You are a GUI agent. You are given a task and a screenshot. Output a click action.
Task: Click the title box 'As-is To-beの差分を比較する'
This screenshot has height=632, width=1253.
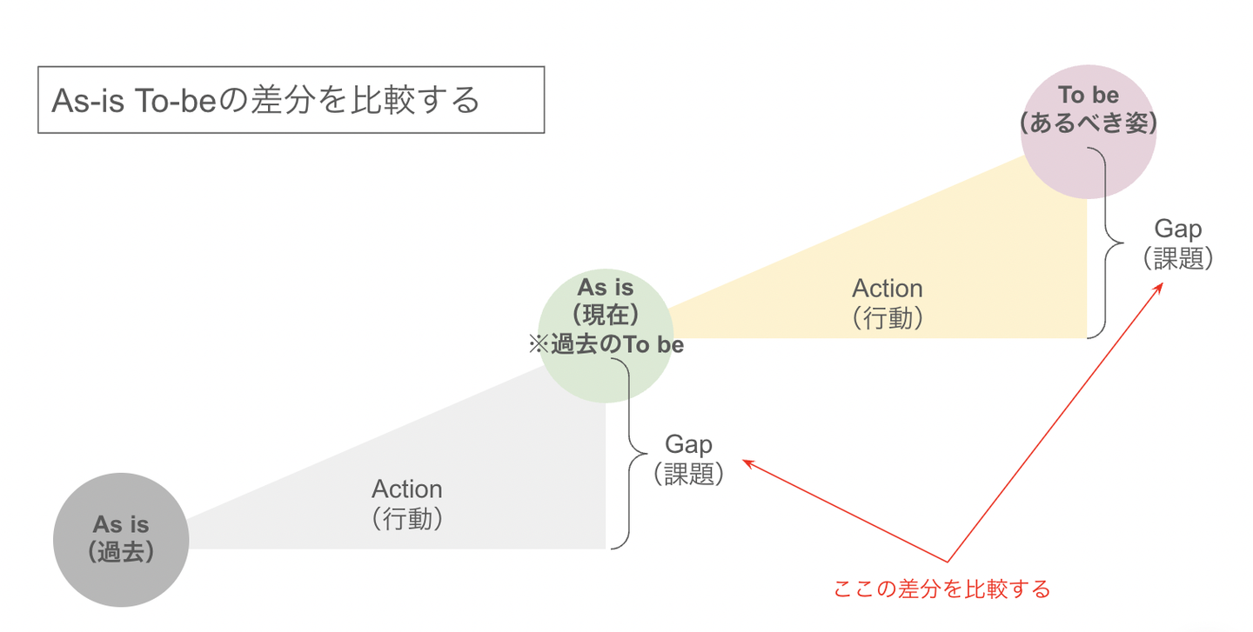click(x=291, y=100)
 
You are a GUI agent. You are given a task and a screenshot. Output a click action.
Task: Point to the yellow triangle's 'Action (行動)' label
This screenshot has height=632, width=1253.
click(x=887, y=303)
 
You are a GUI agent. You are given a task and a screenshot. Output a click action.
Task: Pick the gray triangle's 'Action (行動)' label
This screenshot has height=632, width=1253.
click(x=406, y=503)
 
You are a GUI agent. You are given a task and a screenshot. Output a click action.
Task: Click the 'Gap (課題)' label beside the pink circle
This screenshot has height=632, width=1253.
click(x=1177, y=243)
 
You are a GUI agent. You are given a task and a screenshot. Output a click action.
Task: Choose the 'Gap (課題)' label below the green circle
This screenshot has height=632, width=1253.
click(x=688, y=459)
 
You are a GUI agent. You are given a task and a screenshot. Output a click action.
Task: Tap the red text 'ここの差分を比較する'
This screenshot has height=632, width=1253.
click(x=941, y=589)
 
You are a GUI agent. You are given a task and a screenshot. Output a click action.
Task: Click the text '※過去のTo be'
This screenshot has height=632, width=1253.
click(x=606, y=345)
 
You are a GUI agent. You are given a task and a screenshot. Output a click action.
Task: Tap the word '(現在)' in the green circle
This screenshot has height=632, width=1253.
click(x=606, y=316)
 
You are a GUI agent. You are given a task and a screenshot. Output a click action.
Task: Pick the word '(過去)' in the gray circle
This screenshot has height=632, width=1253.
click(x=121, y=552)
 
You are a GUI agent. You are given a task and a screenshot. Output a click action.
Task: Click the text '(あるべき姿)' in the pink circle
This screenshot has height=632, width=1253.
click(x=1088, y=124)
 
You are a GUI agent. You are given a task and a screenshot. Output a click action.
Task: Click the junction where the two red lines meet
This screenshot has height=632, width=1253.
click(x=948, y=562)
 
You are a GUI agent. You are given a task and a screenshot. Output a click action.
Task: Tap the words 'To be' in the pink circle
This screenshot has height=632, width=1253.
click(x=1088, y=96)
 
